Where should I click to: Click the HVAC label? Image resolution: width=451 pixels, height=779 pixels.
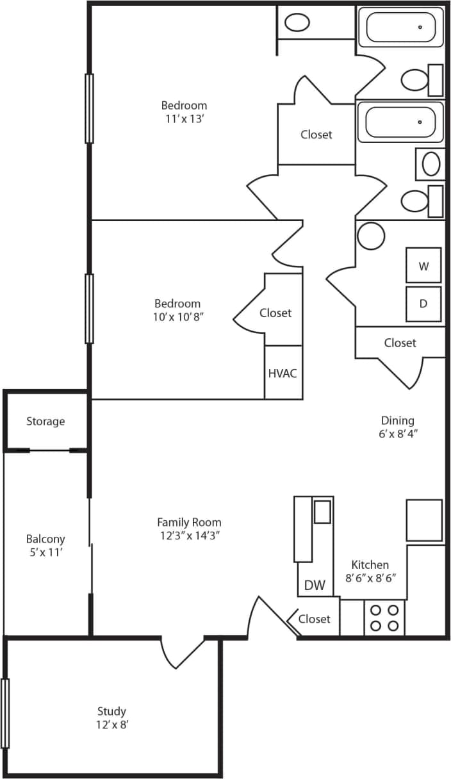pyautogui.click(x=283, y=373)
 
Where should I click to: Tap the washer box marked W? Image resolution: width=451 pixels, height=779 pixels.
pyautogui.click(x=423, y=266)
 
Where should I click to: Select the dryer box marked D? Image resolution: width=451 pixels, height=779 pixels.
pyautogui.click(x=423, y=304)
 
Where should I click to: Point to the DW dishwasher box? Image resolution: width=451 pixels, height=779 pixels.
pyautogui.click(x=315, y=585)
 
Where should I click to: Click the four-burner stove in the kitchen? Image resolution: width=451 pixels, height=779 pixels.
pyautogui.click(x=384, y=618)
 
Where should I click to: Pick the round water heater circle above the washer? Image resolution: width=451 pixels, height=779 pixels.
pyautogui.click(x=371, y=236)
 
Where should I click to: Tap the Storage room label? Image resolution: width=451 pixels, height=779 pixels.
pyautogui.click(x=45, y=422)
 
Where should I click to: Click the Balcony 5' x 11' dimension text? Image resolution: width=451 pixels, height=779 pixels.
pyautogui.click(x=45, y=552)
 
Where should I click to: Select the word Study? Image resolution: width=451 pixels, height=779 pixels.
pyautogui.click(x=111, y=711)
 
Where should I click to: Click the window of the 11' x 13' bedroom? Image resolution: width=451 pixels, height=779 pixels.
pyautogui.click(x=89, y=108)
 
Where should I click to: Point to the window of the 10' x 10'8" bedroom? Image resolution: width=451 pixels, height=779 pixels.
pyautogui.click(x=89, y=309)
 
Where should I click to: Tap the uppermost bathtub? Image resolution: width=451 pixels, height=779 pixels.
pyautogui.click(x=400, y=27)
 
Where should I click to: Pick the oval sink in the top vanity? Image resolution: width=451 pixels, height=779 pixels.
pyautogui.click(x=297, y=23)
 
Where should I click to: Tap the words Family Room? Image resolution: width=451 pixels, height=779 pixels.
pyautogui.click(x=189, y=522)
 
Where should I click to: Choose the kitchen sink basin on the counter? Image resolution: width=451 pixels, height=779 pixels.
pyautogui.click(x=322, y=512)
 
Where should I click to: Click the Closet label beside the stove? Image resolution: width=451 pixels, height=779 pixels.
pyautogui.click(x=314, y=619)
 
